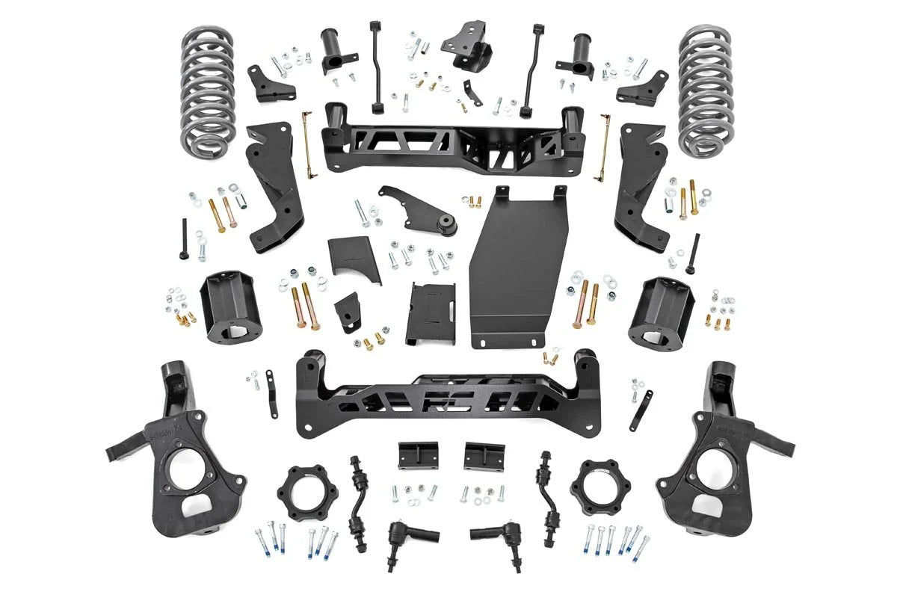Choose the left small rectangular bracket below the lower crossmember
(x=418, y=455)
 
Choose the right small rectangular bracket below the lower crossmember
(x=484, y=455)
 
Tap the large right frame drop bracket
(x=640, y=187)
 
